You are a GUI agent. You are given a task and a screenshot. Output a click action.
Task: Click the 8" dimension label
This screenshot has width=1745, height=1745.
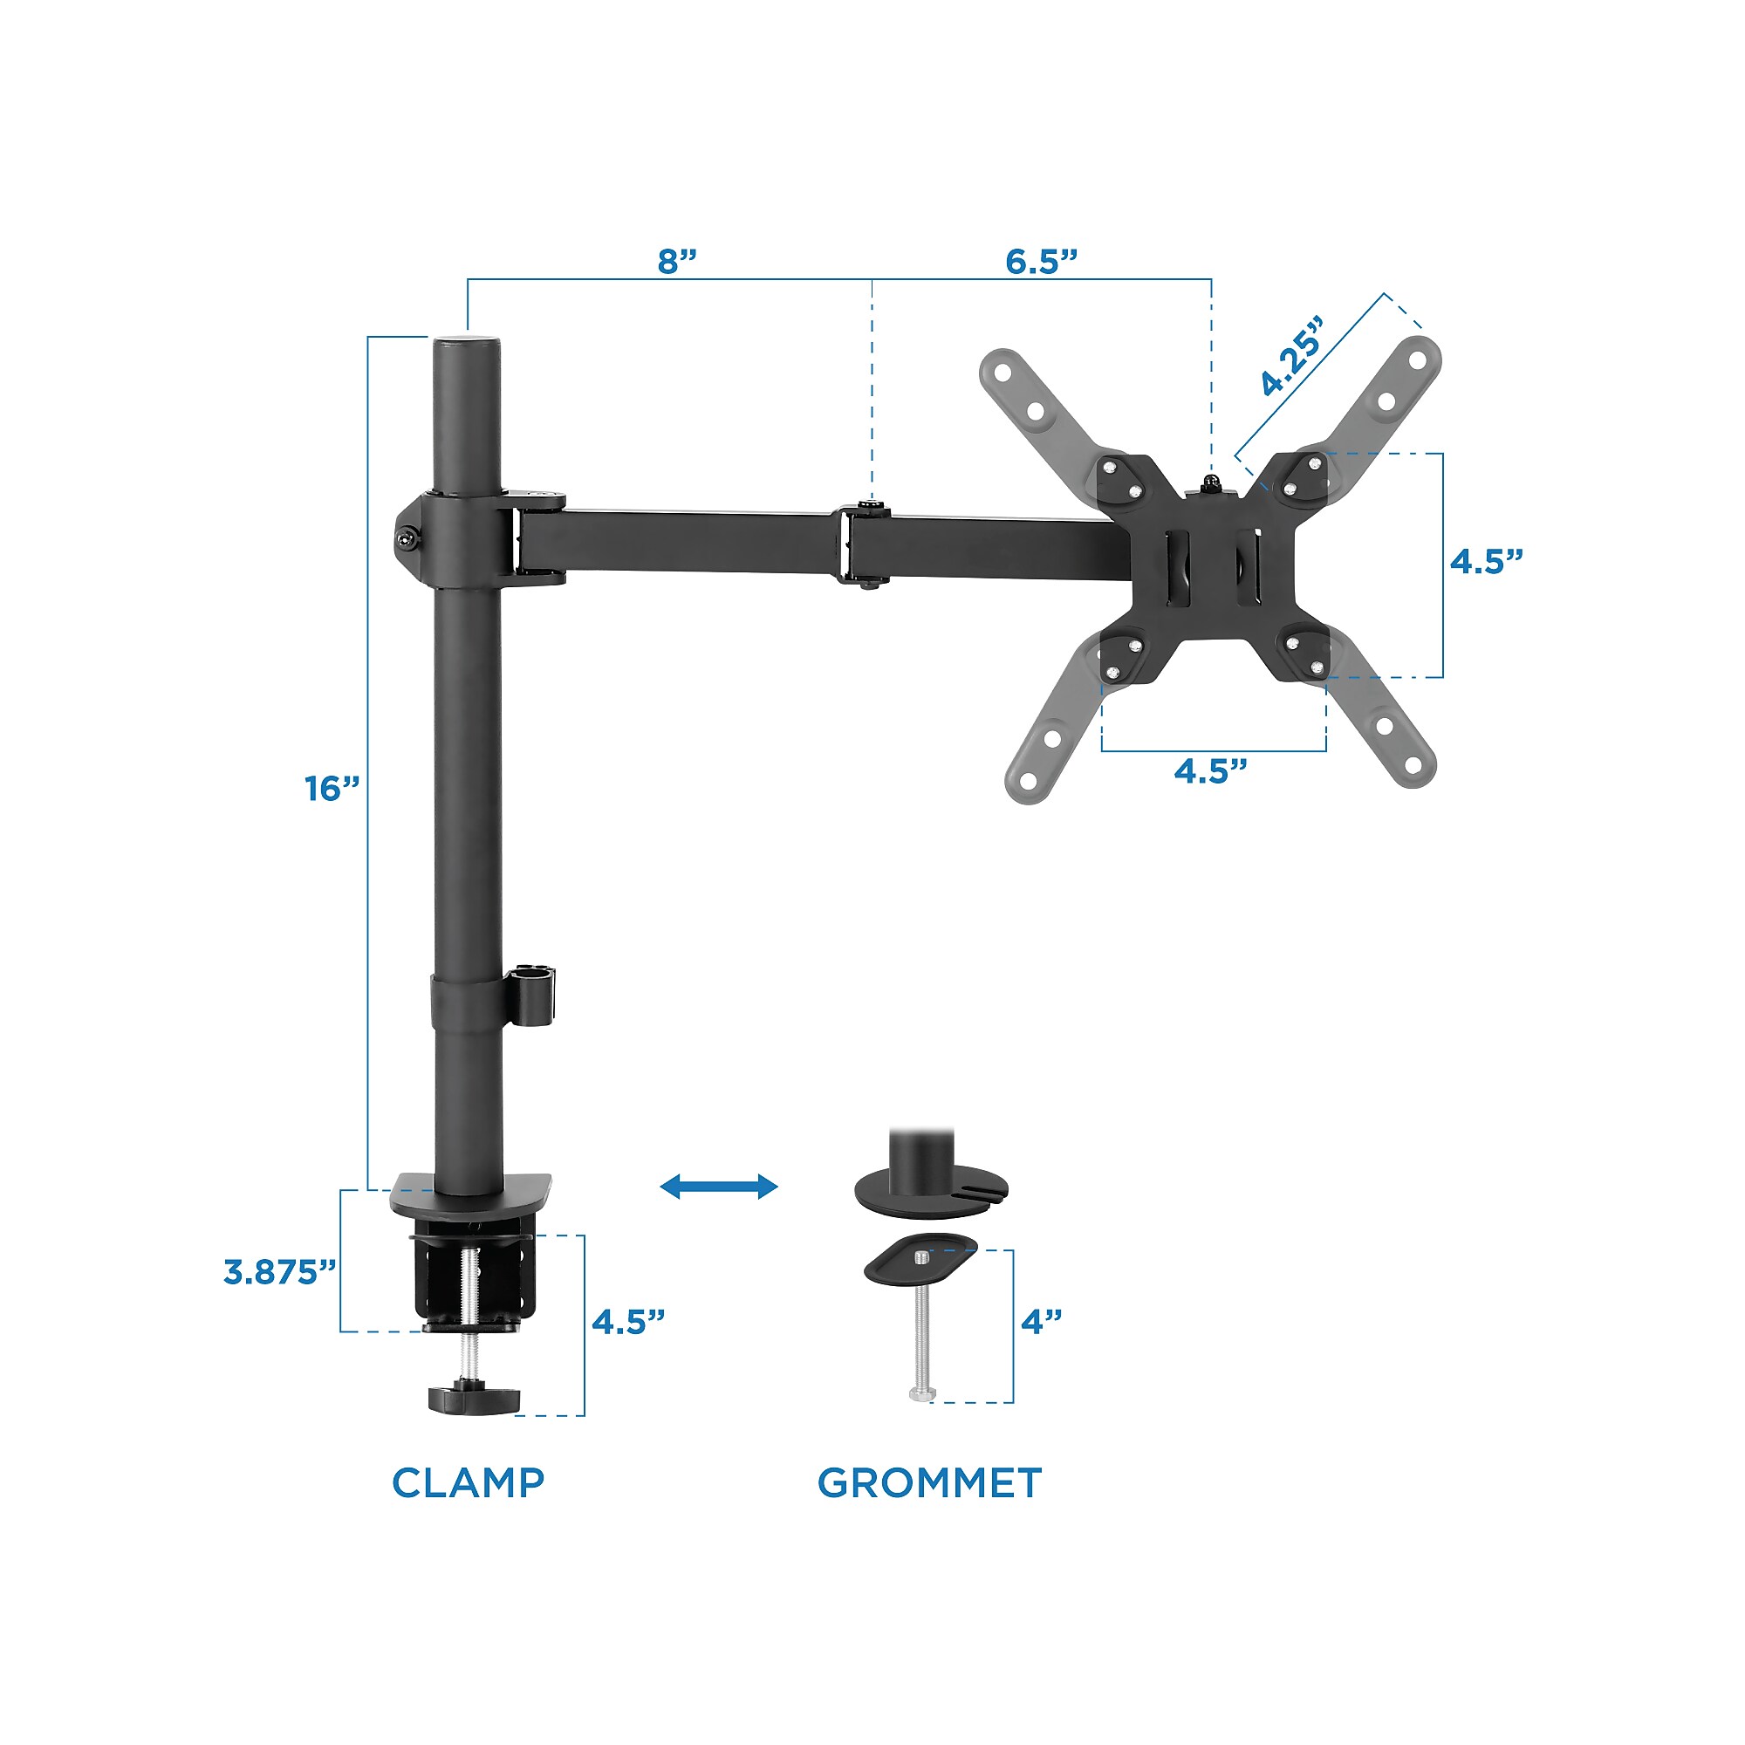pos(677,261)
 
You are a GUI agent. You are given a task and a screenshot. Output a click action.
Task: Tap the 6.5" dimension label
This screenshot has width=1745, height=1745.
pos(1043,261)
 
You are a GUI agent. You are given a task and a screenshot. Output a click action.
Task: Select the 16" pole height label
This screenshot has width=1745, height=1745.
pos(332,789)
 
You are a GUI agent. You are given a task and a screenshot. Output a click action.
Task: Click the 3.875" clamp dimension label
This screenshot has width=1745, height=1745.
pos(280,1272)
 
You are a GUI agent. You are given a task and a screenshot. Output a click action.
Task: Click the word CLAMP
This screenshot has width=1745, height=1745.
pos(468,1483)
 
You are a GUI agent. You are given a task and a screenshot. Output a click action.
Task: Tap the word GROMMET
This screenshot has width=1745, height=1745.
pos(929,1483)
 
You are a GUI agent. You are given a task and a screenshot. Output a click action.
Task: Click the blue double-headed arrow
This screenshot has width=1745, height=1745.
pos(719,1186)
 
